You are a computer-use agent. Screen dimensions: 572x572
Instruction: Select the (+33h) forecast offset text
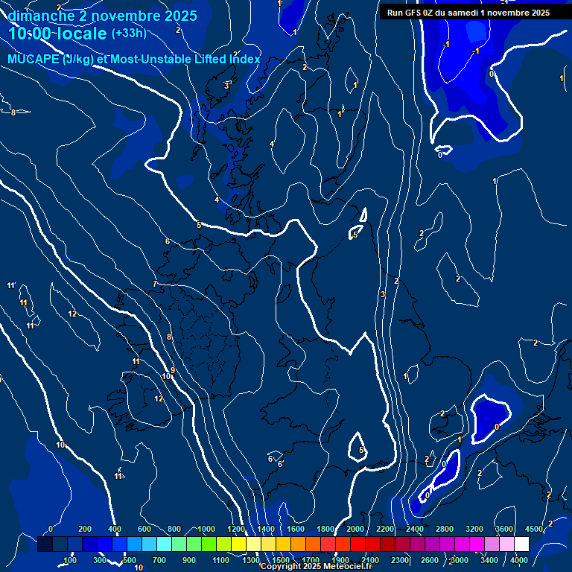pyautogui.click(x=129, y=33)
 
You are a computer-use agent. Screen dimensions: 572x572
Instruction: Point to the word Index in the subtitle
pyautogui.click(x=244, y=60)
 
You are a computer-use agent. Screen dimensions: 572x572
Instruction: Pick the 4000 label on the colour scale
pyautogui.click(x=520, y=560)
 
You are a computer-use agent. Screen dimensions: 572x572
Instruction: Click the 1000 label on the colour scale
pyautogui.click(x=206, y=530)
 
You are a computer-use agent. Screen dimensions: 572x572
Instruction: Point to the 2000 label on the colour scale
pyautogui.click(x=355, y=530)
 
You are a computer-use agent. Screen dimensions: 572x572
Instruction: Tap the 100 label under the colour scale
pyautogui.click(x=70, y=560)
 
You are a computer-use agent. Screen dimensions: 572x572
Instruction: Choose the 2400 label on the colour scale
pyautogui.click(x=415, y=530)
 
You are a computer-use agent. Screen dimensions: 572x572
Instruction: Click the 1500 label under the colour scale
pyautogui.click(x=281, y=560)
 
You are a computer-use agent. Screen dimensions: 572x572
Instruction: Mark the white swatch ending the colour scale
pyautogui.click(x=521, y=544)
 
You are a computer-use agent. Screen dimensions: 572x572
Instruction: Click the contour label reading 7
pyautogui.click(x=155, y=284)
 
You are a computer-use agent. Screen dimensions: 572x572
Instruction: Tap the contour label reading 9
pyautogui.click(x=173, y=370)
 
